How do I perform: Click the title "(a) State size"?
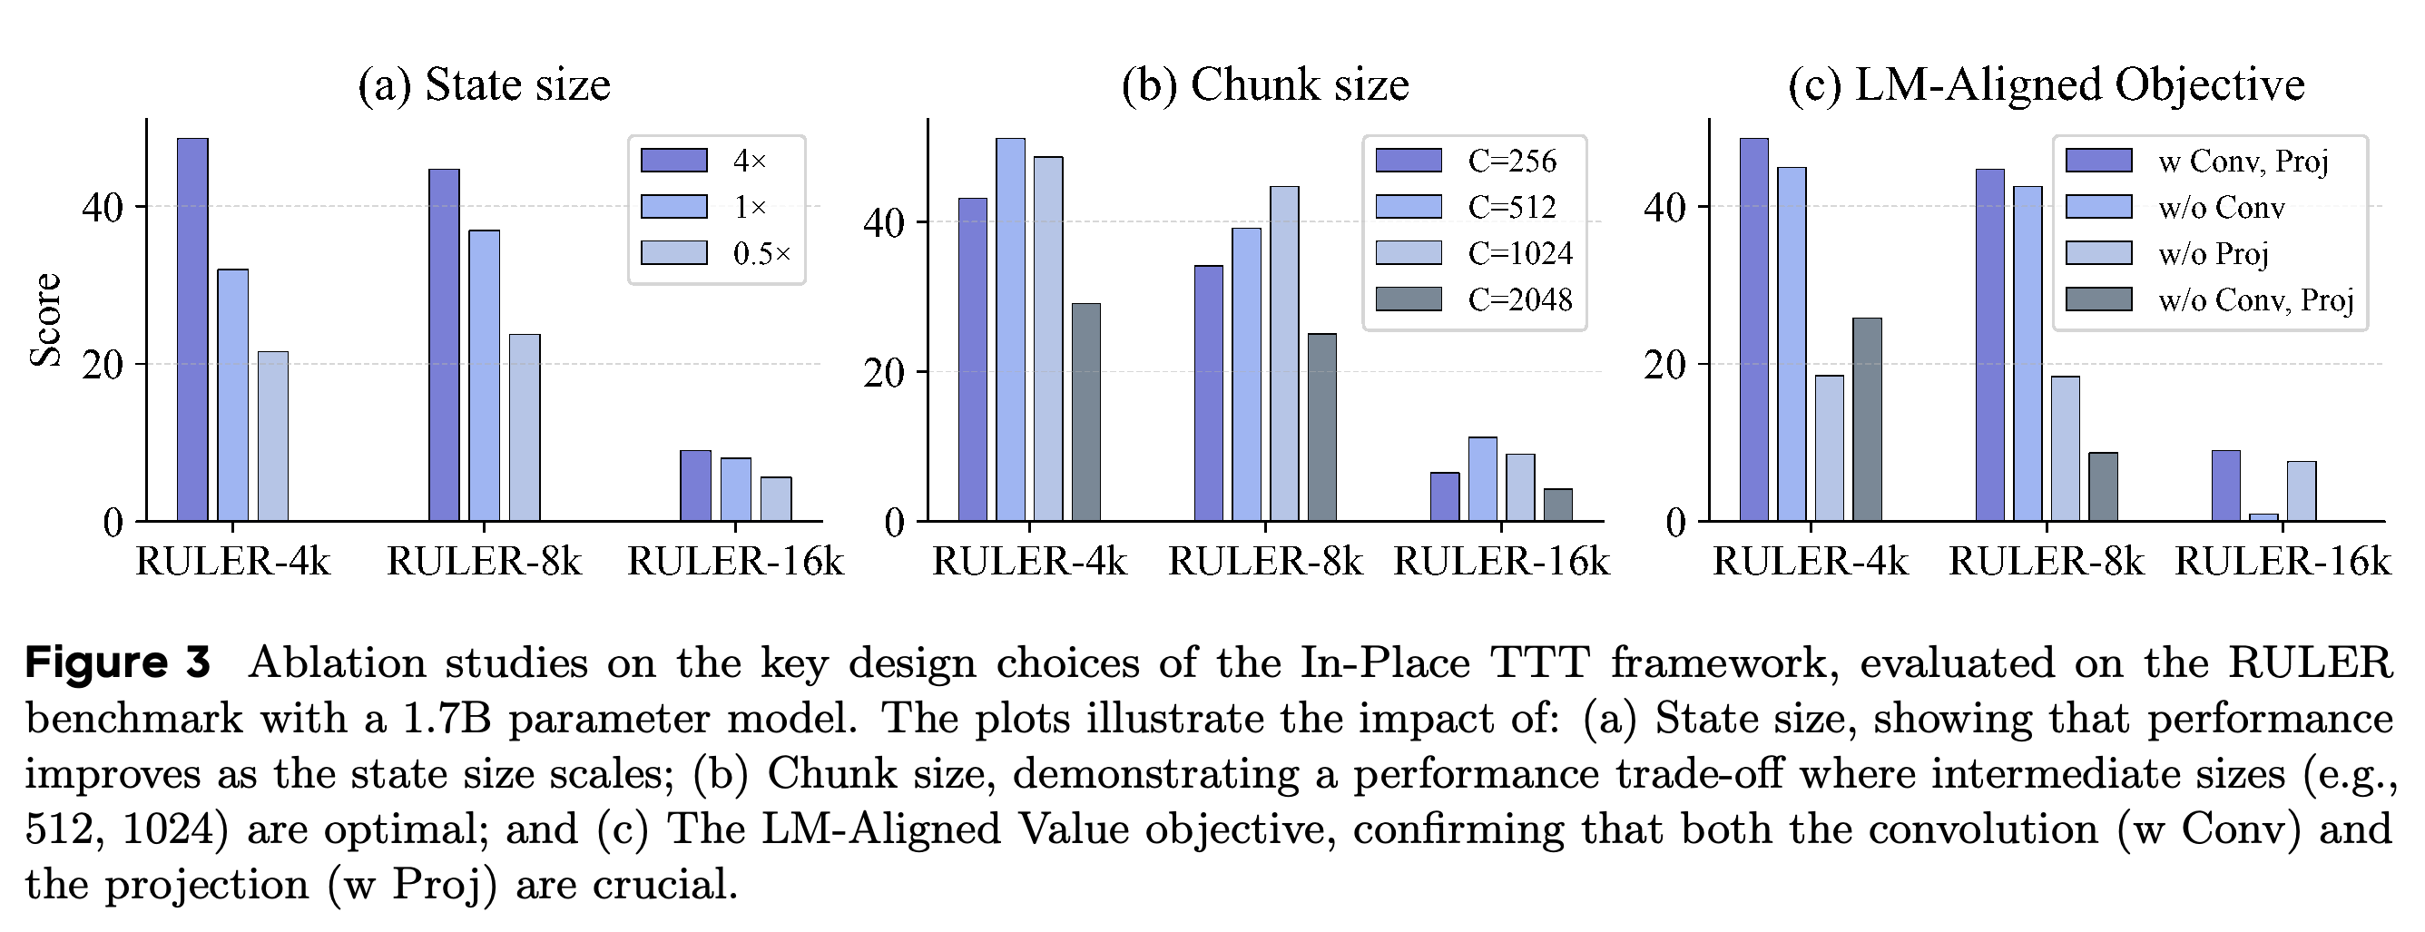[x=484, y=84]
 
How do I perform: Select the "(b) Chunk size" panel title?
[x=1265, y=84]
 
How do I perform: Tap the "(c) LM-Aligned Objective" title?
[x=2047, y=84]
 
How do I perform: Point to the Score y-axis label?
[x=45, y=320]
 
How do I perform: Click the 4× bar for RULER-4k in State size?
[x=193, y=329]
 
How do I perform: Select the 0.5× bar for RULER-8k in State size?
[x=525, y=427]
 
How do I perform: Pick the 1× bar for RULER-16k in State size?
[x=736, y=489]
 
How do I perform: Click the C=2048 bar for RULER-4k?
[x=1086, y=412]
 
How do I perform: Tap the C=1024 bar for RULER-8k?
[x=1284, y=354]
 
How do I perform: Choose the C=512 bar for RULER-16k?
[x=1483, y=479]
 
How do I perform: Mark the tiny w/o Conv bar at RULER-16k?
[x=2264, y=517]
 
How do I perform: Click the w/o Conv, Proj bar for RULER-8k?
[x=2103, y=486]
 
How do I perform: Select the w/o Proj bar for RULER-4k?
[x=1830, y=448]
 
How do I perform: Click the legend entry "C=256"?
[x=1479, y=161]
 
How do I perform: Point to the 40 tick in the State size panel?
[x=103, y=207]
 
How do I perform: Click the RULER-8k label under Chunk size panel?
[x=1265, y=562]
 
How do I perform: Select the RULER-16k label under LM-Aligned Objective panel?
[x=2283, y=562]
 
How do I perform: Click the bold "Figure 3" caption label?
[x=118, y=662]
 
